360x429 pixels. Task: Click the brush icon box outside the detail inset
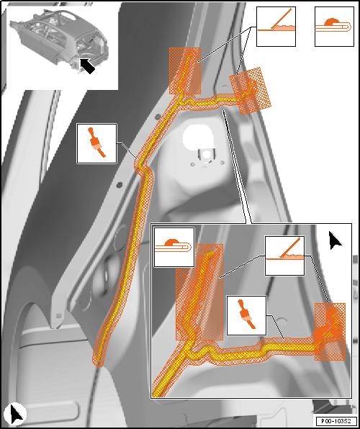(97, 144)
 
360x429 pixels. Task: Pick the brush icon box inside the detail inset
(247, 315)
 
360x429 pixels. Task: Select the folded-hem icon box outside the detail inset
(335, 27)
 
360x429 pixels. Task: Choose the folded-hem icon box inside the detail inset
(174, 247)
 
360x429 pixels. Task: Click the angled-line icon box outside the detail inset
(276, 27)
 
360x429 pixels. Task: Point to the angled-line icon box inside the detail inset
(284, 256)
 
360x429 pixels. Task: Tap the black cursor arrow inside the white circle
(16, 413)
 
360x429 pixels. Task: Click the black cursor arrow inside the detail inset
(335, 240)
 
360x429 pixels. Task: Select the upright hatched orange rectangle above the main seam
(185, 71)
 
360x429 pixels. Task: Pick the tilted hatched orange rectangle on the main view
(250, 91)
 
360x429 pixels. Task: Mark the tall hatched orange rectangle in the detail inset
(199, 292)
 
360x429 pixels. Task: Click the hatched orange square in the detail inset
(330, 332)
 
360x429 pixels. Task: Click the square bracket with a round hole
(206, 155)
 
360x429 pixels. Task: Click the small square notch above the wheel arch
(58, 316)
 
